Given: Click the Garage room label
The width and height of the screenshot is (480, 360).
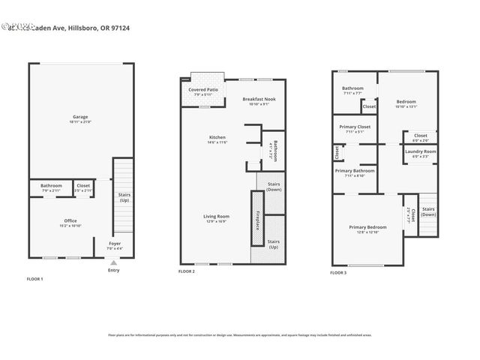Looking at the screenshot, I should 80,117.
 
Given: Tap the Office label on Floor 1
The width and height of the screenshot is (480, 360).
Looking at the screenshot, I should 70,220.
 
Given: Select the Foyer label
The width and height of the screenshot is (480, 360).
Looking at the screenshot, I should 115,244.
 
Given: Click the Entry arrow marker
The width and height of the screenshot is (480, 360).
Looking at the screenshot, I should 113,262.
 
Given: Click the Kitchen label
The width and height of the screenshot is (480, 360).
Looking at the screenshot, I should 217,137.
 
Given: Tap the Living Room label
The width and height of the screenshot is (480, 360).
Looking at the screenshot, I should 216,216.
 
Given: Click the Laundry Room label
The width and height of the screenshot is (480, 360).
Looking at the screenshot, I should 421,151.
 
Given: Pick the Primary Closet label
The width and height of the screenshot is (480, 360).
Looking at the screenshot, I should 355,127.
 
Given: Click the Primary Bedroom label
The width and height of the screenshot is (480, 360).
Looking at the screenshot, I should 367,226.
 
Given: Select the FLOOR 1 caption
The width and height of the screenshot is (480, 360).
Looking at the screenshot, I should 35,279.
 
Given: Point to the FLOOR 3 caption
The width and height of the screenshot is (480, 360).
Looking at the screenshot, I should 339,272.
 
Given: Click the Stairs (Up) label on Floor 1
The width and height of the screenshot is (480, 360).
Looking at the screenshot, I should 124,198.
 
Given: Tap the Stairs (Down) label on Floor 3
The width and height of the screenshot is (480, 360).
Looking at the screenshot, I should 428,211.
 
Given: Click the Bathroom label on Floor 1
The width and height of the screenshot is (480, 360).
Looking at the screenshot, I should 51,185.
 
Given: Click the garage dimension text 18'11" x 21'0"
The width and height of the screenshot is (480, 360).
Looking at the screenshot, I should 80,122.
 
